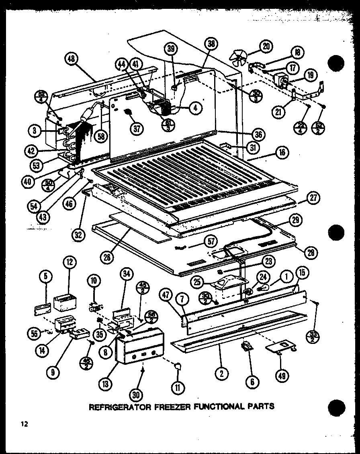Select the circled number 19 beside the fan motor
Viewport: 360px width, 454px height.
311,75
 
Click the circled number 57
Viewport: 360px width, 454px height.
210,241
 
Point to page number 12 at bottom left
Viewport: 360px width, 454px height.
25,424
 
